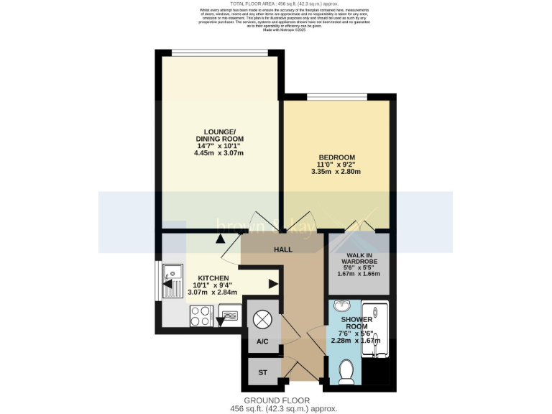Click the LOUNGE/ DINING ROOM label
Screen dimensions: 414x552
(219, 135)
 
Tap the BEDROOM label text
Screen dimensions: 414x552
(336, 157)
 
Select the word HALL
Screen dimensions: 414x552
(283, 249)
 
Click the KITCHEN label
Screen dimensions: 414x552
(213, 278)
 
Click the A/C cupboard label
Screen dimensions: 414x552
(262, 341)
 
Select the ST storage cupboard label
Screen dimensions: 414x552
(262, 373)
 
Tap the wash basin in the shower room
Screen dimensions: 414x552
(341, 305)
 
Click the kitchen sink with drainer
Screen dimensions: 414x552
(172, 281)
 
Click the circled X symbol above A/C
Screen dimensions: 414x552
(262, 317)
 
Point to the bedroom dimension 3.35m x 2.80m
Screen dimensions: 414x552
(336, 172)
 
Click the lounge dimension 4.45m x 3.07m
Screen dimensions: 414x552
(219, 153)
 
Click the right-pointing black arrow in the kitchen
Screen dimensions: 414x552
(273, 284)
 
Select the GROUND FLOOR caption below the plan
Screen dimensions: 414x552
(276, 400)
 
